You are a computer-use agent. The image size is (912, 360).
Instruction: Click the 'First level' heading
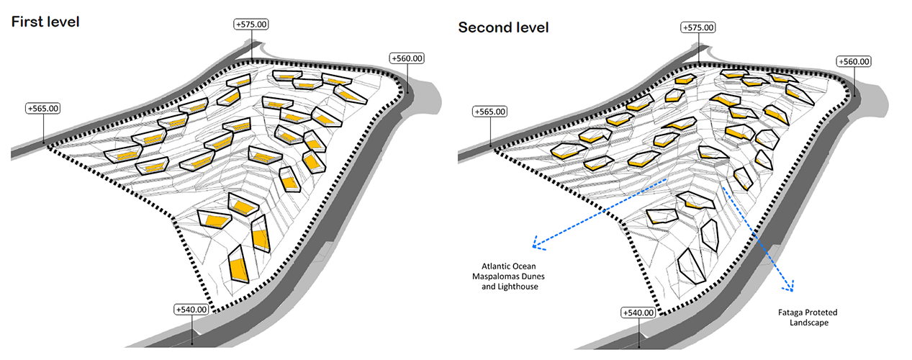pyautogui.click(x=45, y=22)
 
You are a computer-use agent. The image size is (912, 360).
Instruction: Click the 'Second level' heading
pyautogui.click(x=503, y=27)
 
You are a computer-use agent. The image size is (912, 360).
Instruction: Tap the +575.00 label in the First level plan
pyautogui.click(x=252, y=24)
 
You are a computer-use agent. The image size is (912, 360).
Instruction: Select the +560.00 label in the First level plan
pyautogui.click(x=407, y=58)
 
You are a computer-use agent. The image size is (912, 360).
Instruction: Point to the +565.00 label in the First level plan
pyautogui.click(x=43, y=109)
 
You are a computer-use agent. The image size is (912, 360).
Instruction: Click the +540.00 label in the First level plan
pyautogui.click(x=191, y=310)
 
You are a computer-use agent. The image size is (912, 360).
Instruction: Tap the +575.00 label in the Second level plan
pyautogui.click(x=698, y=27)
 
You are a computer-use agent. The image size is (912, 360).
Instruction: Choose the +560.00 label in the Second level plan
pyautogui.click(x=854, y=62)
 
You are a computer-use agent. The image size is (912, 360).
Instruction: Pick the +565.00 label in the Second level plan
pyautogui.click(x=491, y=112)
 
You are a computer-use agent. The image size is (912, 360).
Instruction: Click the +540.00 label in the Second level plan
pyautogui.click(x=638, y=312)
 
